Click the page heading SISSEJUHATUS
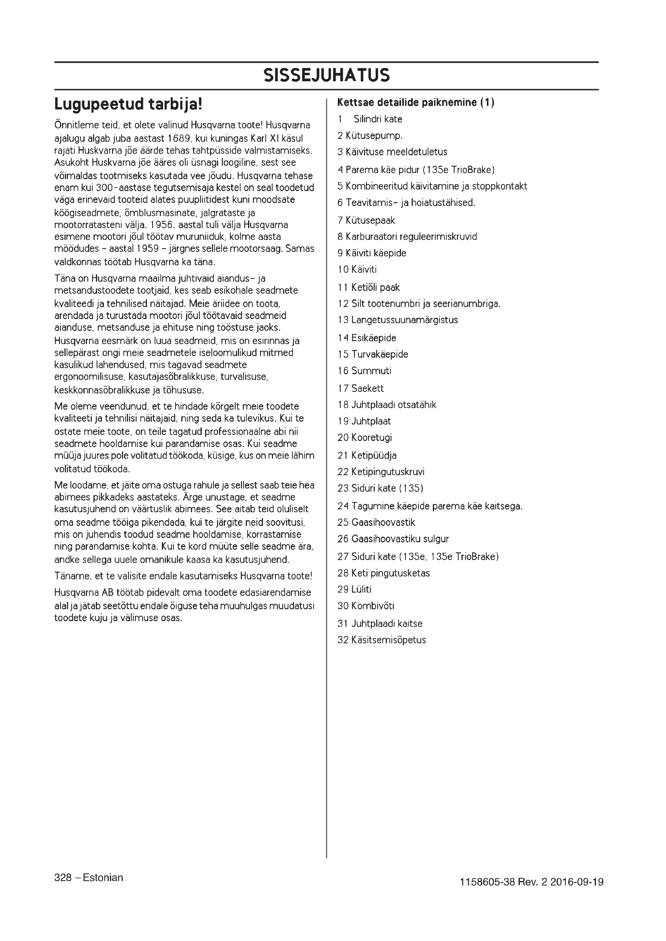[x=327, y=75]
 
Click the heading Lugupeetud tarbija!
[x=128, y=105]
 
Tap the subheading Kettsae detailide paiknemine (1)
[x=416, y=103]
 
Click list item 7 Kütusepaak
[x=366, y=220]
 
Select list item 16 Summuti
[x=364, y=371]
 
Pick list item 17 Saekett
[x=360, y=389]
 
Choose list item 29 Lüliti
[x=354, y=589]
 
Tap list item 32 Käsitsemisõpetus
[x=381, y=640]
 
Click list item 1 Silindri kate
[x=370, y=119]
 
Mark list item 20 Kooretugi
[x=364, y=438]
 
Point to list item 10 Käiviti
[x=357, y=270]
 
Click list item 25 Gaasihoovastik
[x=376, y=523]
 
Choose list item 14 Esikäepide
[x=367, y=338]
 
